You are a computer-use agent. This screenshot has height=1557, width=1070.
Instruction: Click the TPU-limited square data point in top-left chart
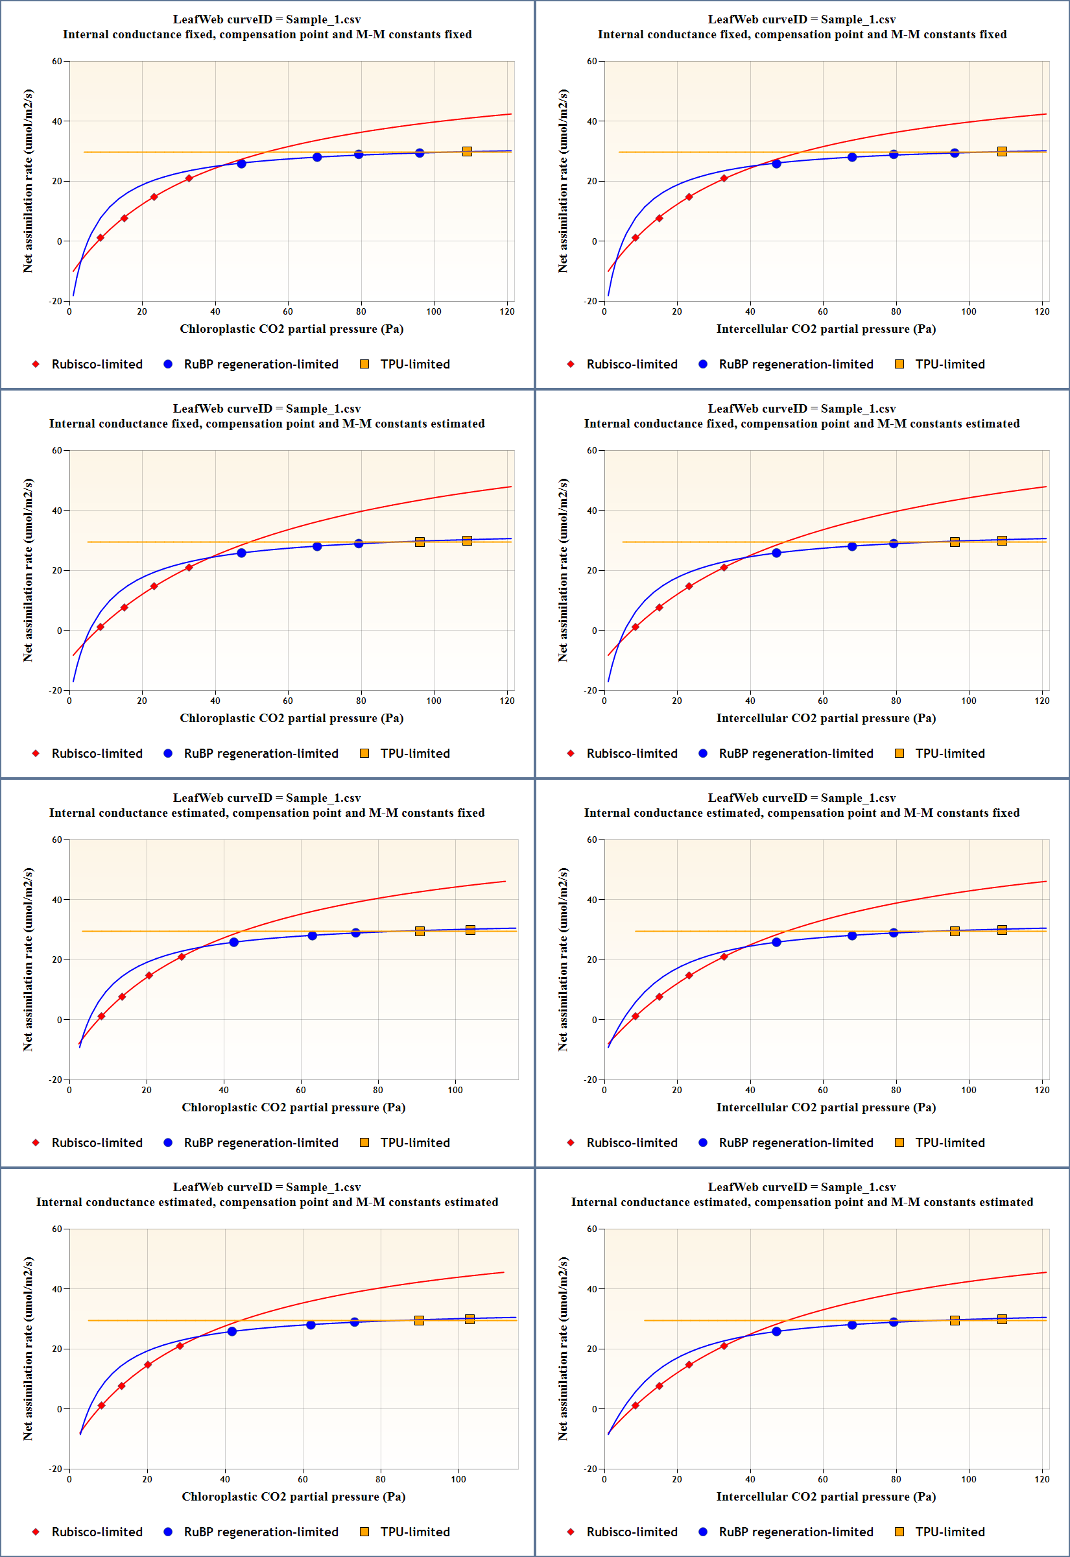(x=468, y=152)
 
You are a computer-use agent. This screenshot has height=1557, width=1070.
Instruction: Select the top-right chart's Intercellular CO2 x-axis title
(x=826, y=328)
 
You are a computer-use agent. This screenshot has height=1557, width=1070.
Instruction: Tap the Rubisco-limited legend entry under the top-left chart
(x=97, y=364)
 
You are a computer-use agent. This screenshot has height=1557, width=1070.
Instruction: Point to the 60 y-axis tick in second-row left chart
(x=56, y=451)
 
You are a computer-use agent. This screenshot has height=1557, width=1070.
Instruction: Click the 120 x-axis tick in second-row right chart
(x=1041, y=701)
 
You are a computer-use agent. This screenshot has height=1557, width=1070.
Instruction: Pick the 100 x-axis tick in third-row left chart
(x=455, y=1090)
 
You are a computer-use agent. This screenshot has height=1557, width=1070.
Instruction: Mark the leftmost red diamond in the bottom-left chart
(x=101, y=1405)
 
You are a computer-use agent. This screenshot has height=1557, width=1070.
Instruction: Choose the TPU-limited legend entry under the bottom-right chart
(x=949, y=1532)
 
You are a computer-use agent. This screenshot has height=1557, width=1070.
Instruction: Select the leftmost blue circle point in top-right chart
(x=776, y=163)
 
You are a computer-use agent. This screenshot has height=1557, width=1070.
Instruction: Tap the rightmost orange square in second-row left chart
(x=468, y=540)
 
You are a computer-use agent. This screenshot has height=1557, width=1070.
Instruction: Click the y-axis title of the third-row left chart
(x=27, y=959)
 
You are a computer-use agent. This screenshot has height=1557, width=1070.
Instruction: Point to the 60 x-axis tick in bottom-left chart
(x=303, y=1479)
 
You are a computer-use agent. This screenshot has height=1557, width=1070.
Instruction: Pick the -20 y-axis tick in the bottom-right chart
(x=590, y=1469)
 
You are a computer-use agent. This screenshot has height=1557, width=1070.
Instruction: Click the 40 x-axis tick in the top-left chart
(x=215, y=311)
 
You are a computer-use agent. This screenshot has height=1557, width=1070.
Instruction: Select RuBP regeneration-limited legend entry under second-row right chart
(x=795, y=753)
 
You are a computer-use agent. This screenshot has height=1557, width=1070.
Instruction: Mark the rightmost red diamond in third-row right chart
(x=724, y=957)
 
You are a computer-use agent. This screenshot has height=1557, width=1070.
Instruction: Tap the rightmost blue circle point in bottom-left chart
(x=355, y=1322)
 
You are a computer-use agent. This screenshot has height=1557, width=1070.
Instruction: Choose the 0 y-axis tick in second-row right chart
(x=594, y=631)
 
